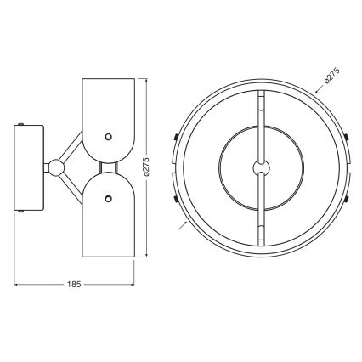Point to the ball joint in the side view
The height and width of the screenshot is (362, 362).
click(x=56, y=167)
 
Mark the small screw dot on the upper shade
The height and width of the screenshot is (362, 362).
click(x=108, y=135)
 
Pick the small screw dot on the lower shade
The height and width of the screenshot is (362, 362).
click(x=108, y=198)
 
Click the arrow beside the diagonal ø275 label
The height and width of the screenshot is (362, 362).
click(x=316, y=93)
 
